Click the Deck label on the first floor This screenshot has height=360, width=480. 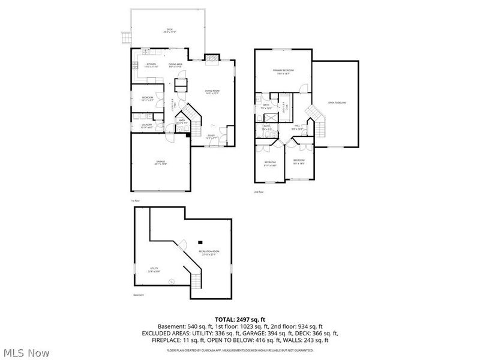coord(169,31)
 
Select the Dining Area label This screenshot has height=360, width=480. coord(175,65)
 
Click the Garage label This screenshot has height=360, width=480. coord(161,162)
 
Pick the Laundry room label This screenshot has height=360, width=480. coord(146,125)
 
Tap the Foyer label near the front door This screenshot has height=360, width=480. coord(211,136)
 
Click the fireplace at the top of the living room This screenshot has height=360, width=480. coord(212,58)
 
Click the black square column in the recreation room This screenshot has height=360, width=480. coord(200,242)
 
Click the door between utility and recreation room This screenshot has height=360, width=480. coord(172,281)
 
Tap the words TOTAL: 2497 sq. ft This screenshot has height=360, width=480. coord(240,319)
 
